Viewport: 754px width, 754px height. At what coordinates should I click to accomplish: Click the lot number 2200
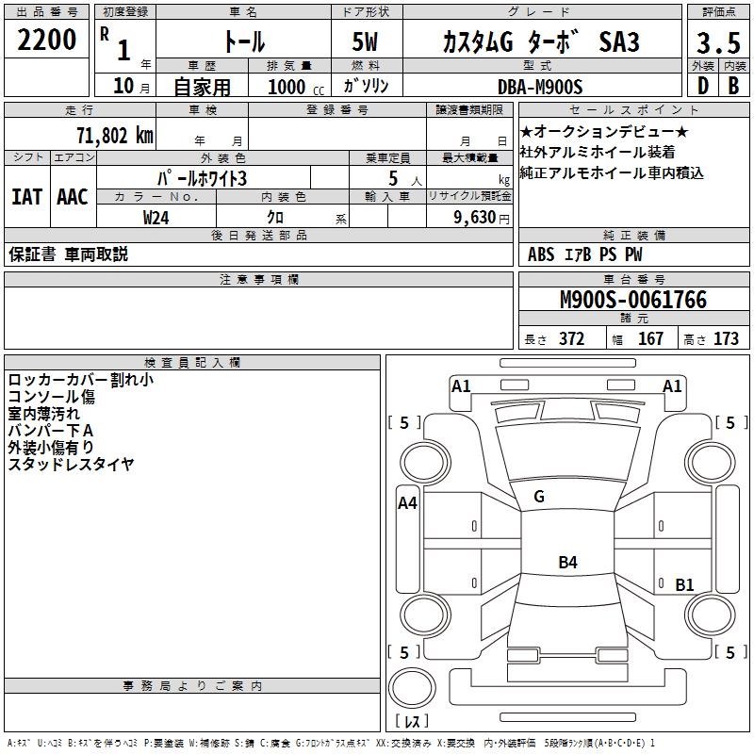tap(47, 41)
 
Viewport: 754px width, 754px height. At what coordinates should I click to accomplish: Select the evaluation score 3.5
tap(716, 43)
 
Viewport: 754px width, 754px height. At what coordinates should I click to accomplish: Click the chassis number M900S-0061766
tap(632, 300)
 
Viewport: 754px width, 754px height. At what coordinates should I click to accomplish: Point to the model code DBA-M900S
tap(540, 87)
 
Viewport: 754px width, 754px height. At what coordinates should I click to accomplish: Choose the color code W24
tap(156, 217)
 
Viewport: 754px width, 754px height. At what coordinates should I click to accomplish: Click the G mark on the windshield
tap(539, 496)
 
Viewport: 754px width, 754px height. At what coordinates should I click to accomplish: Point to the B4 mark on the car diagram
tap(567, 563)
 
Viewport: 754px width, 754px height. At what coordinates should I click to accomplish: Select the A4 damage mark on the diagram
tap(407, 502)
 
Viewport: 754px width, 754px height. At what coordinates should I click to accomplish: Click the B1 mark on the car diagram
tap(684, 584)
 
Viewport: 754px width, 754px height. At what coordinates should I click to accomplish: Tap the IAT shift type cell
tap(27, 197)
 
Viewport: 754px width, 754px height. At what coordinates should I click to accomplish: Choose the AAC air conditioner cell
tap(72, 197)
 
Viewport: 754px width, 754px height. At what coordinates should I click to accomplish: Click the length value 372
tap(572, 338)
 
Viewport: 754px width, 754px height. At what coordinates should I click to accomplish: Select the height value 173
tap(726, 338)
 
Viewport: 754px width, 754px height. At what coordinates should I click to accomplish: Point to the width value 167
tap(650, 338)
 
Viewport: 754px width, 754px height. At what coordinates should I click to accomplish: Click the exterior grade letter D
tap(702, 86)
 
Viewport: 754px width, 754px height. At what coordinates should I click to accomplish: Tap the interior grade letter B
tap(733, 86)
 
